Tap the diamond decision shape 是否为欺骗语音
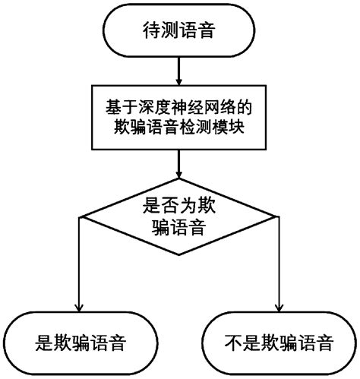pos(179,217)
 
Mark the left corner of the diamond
pos(80,217)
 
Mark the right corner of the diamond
pos(279,217)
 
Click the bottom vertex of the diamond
pos(179,257)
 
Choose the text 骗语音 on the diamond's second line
pos(179,228)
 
